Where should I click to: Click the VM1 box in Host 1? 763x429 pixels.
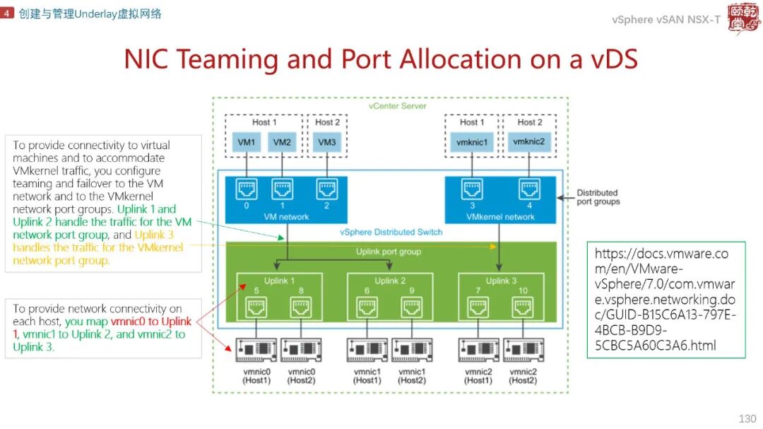click(x=247, y=142)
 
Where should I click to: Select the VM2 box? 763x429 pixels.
click(x=282, y=142)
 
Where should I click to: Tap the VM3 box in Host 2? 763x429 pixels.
click(x=326, y=142)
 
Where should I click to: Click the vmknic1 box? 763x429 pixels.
click(x=472, y=142)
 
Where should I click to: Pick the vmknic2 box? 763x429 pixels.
click(x=528, y=142)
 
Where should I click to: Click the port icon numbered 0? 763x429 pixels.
click(x=247, y=189)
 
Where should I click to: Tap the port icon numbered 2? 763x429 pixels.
click(x=326, y=189)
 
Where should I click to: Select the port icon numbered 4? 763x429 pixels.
click(x=528, y=189)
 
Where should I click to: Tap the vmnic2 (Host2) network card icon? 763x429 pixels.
click(x=523, y=350)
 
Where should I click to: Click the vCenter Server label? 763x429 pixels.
click(x=397, y=106)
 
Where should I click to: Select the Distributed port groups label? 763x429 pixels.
click(x=598, y=197)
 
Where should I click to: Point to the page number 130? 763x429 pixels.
click(x=747, y=419)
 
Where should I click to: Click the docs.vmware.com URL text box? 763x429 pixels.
click(x=666, y=300)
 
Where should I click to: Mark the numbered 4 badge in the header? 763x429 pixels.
click(x=7, y=13)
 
